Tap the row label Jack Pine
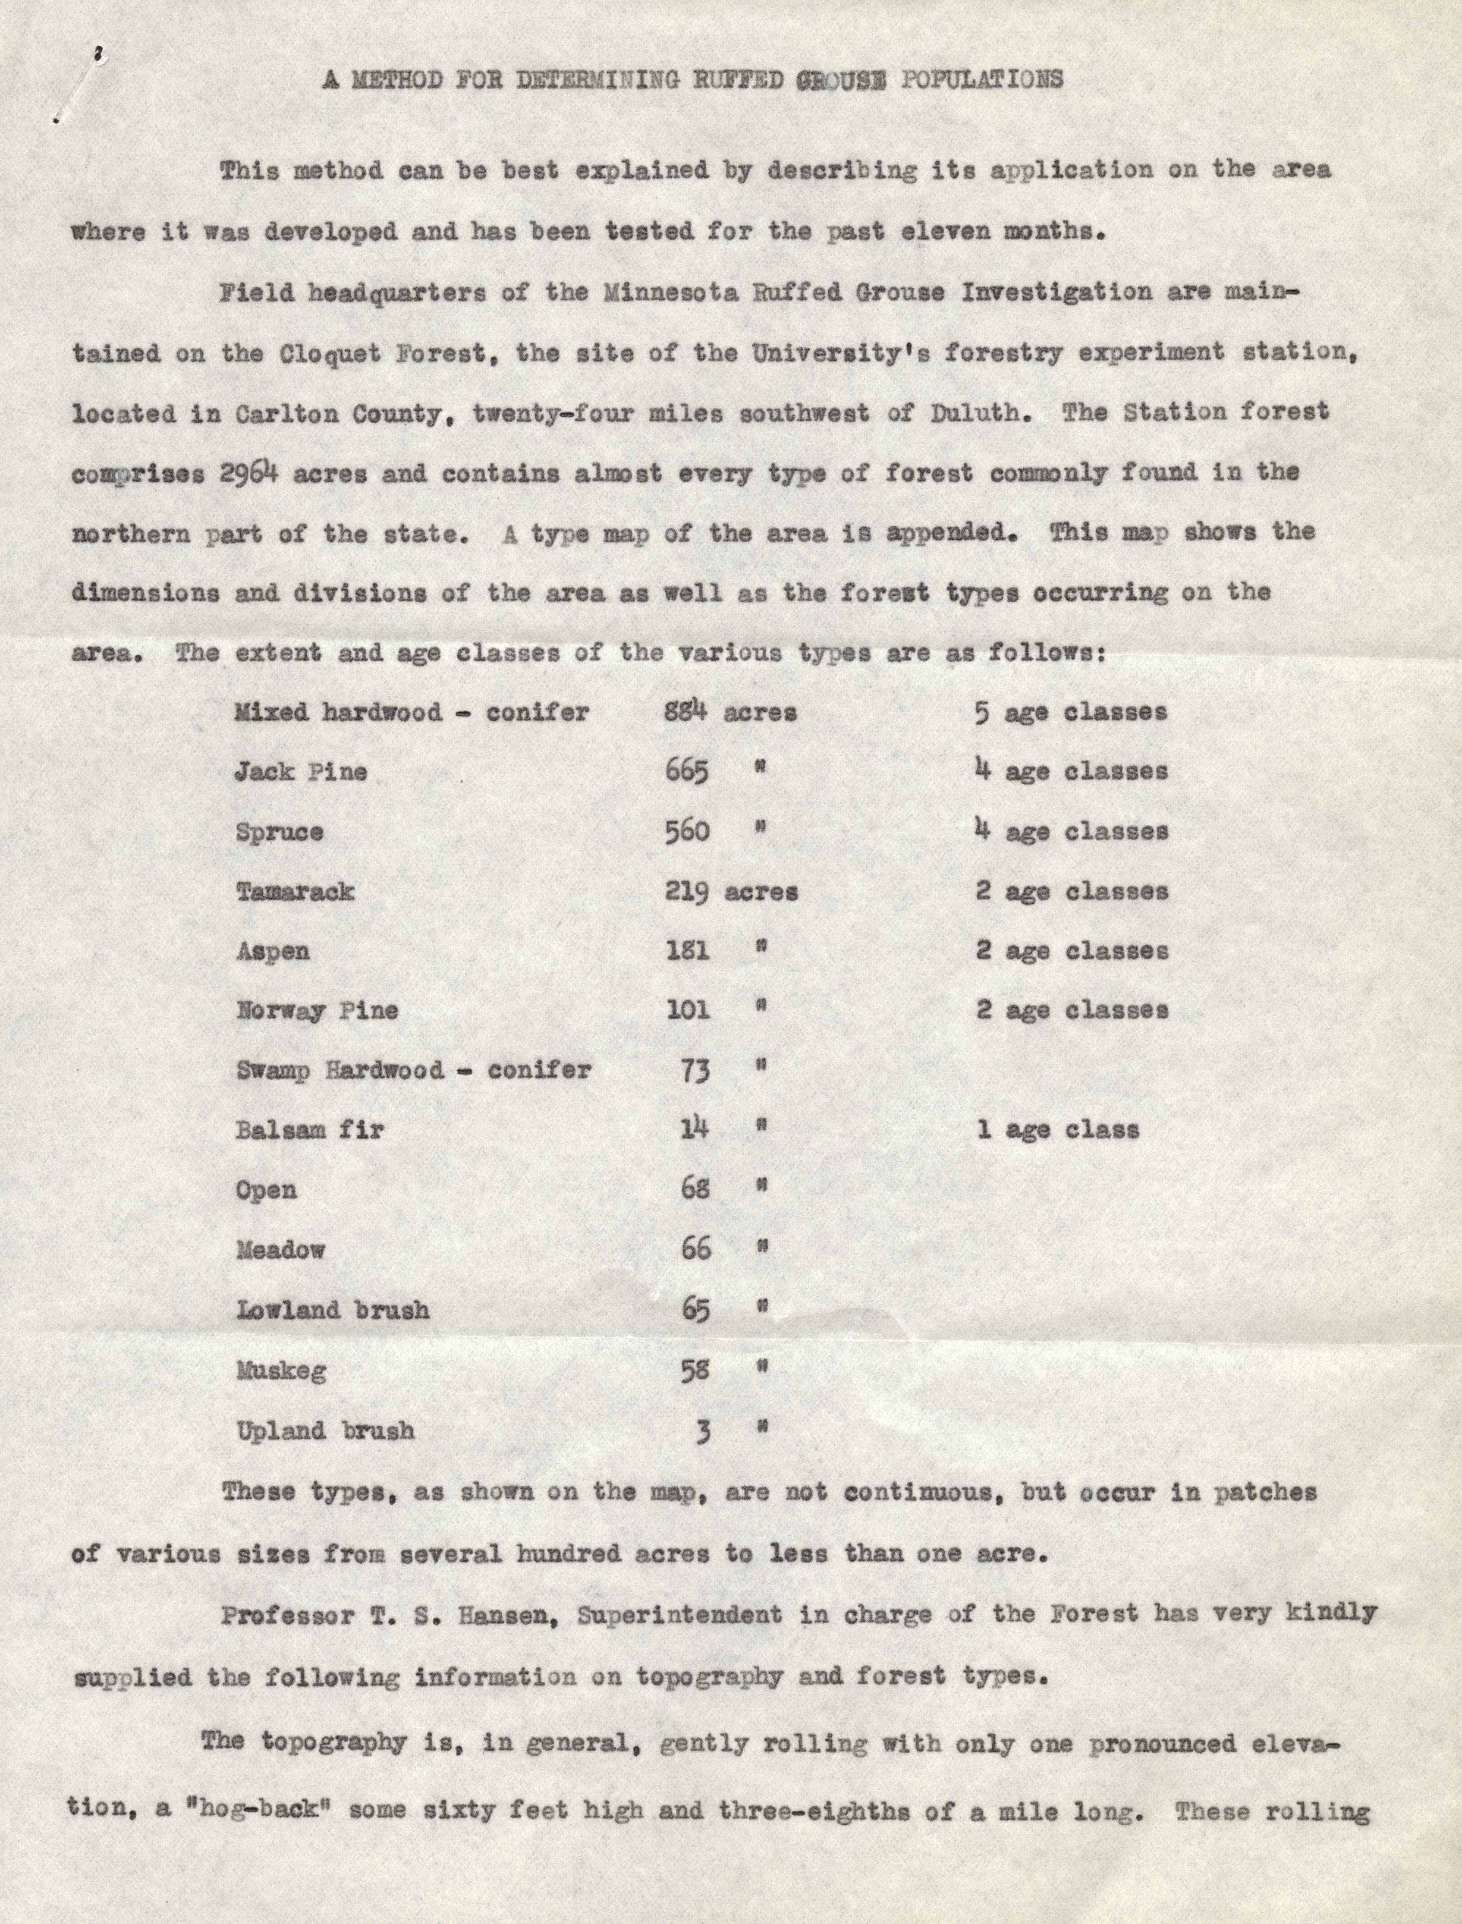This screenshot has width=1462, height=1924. pos(301,772)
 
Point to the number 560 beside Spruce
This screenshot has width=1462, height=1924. pos(687,831)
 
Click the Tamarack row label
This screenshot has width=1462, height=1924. pos(295,891)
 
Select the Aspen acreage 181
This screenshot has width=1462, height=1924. pos(687,950)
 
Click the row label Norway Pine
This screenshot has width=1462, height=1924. pos(317,1010)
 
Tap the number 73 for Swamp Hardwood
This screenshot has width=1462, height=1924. pos(694,1070)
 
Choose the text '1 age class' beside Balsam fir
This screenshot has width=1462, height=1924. pos(1057,1130)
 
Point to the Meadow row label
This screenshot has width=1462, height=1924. pos(280,1250)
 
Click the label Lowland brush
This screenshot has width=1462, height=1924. pos(332,1310)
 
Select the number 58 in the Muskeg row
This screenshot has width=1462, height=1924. pos(694,1370)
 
